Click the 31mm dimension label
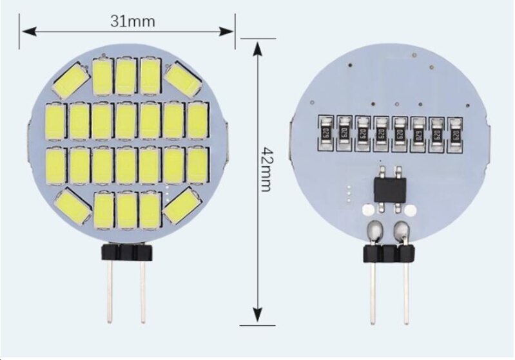tap(132, 21)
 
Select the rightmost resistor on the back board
tap(458, 133)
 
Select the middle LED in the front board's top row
tap(126, 76)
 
